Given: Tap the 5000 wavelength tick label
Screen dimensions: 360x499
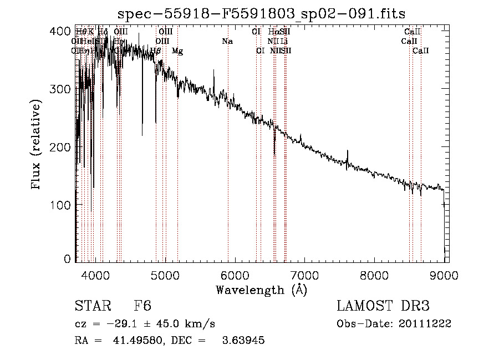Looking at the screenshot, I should tap(165, 273).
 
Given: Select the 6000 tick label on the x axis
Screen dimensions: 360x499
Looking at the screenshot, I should tap(235, 273).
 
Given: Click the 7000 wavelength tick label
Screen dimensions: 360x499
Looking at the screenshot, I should tap(304, 273).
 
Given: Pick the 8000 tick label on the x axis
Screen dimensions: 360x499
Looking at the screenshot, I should tap(374, 273).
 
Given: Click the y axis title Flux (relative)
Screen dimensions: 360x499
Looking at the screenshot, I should tap(37, 145).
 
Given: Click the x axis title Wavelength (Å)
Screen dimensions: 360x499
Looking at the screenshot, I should tap(261, 290).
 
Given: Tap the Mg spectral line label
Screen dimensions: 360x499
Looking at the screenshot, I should tap(177, 51).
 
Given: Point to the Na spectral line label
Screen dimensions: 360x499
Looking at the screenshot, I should tap(227, 41).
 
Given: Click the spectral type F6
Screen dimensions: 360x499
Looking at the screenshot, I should tap(142, 306).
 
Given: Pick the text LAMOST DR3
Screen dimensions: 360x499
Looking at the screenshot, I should tap(383, 306).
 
